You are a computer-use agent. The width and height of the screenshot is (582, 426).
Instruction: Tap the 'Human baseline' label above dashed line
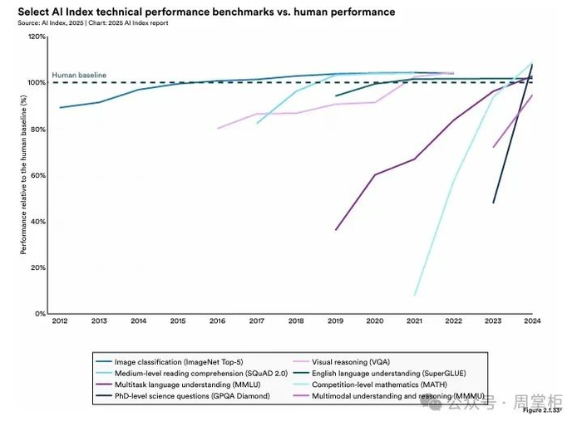tap(79, 75)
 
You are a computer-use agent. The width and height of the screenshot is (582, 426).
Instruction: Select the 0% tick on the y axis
tap(39, 314)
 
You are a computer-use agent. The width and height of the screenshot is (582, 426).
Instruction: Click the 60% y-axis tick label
tap(37, 175)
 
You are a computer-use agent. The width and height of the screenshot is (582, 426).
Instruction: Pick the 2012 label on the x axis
tap(59, 321)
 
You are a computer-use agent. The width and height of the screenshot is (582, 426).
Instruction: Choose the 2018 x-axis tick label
tap(296, 321)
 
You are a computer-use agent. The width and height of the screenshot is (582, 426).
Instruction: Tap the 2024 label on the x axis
tap(532, 321)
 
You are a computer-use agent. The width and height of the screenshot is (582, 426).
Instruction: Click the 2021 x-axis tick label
tap(414, 321)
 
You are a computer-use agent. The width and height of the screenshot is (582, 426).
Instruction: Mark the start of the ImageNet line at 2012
tap(60, 107)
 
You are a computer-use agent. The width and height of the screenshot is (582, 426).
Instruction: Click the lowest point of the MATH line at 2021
tap(415, 295)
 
